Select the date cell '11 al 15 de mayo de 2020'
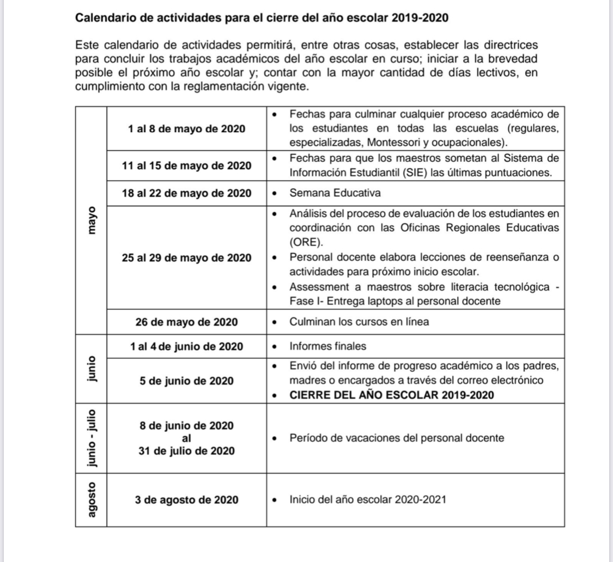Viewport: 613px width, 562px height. [186, 166]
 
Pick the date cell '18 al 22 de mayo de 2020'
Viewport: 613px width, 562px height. [186, 193]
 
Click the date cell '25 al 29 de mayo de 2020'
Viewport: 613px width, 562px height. [186, 258]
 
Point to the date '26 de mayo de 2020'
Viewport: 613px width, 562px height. [186, 322]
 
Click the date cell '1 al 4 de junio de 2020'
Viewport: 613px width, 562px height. [186, 346]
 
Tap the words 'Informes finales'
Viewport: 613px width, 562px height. [320, 346]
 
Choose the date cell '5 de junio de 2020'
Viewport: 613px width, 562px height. [186, 381]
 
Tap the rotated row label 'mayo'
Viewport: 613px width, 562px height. [91, 219]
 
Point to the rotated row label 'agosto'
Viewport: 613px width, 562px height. [91, 499]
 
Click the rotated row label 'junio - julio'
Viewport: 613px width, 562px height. [91, 438]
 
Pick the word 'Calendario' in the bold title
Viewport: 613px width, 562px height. [100, 18]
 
